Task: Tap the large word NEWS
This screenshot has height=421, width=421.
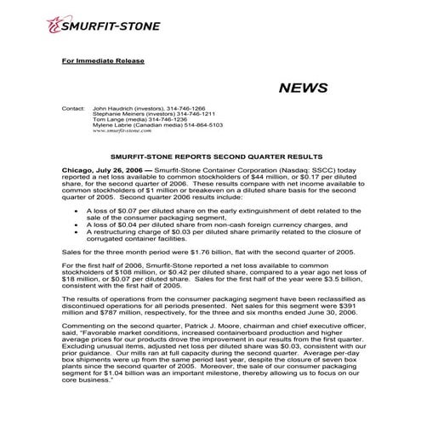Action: click(x=302, y=88)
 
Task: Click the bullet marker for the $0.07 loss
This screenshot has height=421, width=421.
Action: click(x=78, y=207)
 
